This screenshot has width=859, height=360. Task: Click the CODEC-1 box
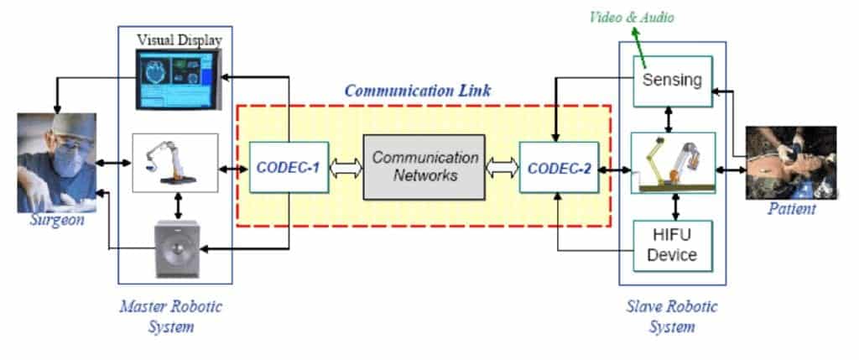289,167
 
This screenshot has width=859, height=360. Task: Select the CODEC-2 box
559,167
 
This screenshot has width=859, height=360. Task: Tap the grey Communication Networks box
424,167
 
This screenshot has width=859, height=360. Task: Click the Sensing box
673,81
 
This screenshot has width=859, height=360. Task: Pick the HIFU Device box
673,246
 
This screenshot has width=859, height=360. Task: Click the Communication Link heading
418,91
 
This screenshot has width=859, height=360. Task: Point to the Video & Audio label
632,18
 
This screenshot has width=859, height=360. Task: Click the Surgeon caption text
57,221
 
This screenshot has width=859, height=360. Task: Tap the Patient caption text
792,209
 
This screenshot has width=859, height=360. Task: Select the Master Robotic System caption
171,316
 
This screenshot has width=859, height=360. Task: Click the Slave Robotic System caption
672,316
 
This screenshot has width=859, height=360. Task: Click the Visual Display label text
180,40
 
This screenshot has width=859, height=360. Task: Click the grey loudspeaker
177,248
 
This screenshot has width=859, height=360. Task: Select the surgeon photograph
56,163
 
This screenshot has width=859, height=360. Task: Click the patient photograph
791,163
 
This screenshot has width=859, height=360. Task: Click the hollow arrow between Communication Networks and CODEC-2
502,168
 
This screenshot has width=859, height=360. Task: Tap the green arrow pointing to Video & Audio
640,42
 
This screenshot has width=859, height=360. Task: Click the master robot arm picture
175,163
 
